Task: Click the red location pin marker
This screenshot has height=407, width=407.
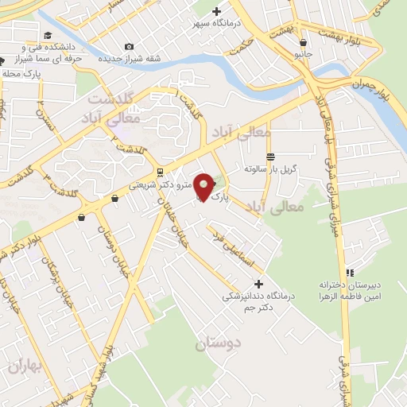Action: point(204,186)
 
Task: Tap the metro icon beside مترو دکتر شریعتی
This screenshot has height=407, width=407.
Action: point(161,172)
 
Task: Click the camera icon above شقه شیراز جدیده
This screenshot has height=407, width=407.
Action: point(130,47)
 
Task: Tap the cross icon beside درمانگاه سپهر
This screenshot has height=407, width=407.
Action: point(216,11)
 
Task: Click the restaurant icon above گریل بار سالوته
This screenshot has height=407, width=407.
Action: point(271,157)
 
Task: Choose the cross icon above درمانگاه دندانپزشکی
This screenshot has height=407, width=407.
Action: point(258,284)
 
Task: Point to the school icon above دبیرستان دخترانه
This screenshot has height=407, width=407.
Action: point(350,273)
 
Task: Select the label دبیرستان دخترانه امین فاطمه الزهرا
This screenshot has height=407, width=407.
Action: point(351,289)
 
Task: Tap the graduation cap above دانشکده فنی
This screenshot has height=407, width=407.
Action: point(48,35)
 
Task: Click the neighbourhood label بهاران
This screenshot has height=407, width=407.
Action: point(17,366)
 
